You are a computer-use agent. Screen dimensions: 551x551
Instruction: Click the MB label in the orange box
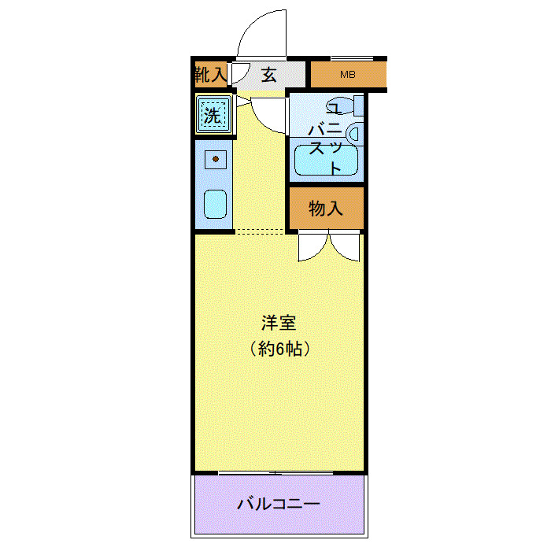pos(347,76)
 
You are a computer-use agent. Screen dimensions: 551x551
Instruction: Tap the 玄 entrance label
pos(269,76)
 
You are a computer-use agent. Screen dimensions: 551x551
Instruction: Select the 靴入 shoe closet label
pos(210,76)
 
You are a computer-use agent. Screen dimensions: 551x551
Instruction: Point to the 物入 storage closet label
pos(325,209)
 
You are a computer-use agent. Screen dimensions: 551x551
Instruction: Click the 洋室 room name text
pos(279,324)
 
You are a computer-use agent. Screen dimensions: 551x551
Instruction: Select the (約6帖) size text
pos(279,348)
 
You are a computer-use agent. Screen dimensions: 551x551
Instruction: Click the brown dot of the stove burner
pos(215,160)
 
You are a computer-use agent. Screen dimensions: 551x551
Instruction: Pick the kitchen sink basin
pos(215,205)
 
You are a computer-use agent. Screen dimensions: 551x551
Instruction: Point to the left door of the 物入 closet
pos(312,247)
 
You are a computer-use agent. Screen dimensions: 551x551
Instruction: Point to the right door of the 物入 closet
pos(346,247)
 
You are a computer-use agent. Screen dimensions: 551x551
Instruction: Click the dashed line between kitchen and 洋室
pos(260,231)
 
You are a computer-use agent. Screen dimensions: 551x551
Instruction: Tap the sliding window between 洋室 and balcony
pos(279,473)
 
